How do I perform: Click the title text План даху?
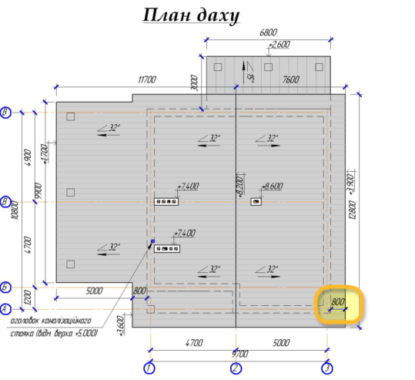(x=192, y=15)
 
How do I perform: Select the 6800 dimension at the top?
(x=268, y=32)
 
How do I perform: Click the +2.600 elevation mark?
(x=278, y=45)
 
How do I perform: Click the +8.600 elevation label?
(x=273, y=187)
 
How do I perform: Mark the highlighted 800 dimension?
(x=338, y=303)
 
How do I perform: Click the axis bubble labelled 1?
(x=150, y=368)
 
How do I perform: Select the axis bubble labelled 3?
(x=327, y=368)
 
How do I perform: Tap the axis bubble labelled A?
(x=7, y=309)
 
